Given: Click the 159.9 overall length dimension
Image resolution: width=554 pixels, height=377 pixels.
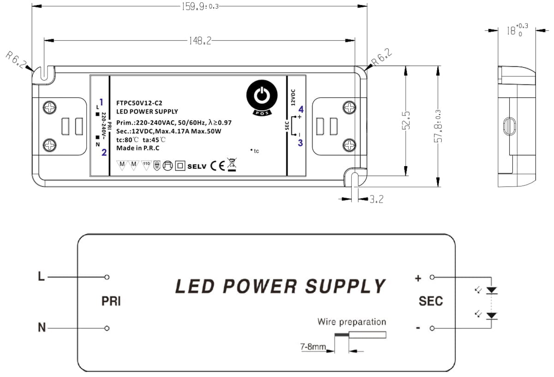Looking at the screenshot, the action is tap(200, 6).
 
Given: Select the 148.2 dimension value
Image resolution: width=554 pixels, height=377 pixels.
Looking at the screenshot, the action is tap(200, 41).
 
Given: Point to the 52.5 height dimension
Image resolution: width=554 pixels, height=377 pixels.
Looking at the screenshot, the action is tap(406, 120).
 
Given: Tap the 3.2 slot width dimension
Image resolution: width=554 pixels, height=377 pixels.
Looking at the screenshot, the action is tap(376, 199).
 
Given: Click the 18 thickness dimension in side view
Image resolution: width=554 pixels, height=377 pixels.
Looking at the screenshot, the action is tap(517, 30).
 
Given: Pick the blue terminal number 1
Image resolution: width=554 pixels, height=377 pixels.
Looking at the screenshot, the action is tap(101, 102).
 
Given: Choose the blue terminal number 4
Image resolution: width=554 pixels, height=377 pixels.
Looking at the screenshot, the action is tap(301, 109).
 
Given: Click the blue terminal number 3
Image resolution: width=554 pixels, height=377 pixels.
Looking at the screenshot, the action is tap(300, 143).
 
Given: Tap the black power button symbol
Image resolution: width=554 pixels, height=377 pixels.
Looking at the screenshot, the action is tap(262, 96).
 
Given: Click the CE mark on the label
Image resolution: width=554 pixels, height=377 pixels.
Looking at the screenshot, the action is tap(217, 166).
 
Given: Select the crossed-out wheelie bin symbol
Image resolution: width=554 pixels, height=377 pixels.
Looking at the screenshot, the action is tap(232, 164).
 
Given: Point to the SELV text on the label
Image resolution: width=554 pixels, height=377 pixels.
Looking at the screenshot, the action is tap(197, 167).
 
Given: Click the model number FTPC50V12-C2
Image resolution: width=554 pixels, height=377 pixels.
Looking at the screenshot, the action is tap(139, 103).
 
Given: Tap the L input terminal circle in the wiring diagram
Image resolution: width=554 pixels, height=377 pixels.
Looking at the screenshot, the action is tap(107, 277).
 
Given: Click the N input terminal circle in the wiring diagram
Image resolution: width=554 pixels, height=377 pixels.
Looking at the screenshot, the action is tap(107, 328).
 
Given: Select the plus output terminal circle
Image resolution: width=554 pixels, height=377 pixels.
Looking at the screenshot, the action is tap(432, 277).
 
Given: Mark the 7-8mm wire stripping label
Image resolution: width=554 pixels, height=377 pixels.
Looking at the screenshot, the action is tap(313, 347).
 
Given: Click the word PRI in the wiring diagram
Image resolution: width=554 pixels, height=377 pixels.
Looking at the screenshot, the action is tap(111, 301).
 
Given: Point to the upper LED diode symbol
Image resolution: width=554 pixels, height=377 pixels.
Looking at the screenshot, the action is tap(491, 290).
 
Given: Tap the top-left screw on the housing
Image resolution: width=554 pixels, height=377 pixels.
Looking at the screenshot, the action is tap(50, 108).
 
